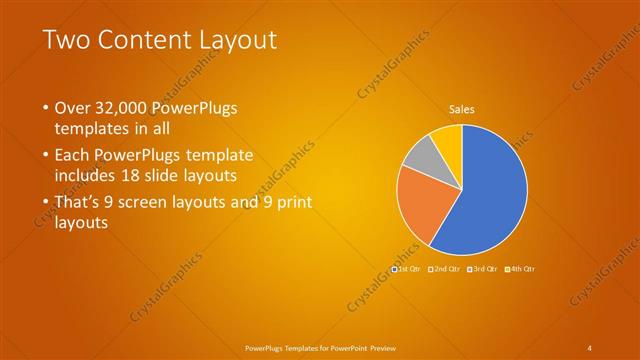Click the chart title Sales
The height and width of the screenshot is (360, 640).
click(x=461, y=109)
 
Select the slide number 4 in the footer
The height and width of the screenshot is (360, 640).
click(x=590, y=347)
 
